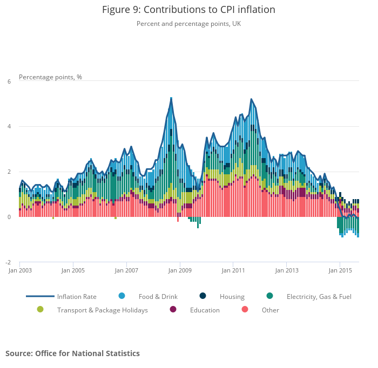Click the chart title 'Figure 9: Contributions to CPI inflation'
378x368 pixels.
tap(188, 10)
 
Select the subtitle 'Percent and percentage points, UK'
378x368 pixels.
tap(188, 23)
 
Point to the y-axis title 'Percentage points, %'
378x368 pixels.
tap(50, 77)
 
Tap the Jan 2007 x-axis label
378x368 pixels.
tap(126, 271)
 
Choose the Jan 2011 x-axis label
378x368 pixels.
tap(232, 271)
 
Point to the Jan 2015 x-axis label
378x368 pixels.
tap(339, 271)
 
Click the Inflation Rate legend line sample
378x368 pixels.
tap(40, 296)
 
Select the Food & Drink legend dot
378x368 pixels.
tap(122, 296)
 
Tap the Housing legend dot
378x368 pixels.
tap(202, 296)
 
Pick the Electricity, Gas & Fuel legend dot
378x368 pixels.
tap(269, 296)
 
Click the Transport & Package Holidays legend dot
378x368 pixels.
tap(40, 309)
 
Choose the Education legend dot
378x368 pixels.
tap(173, 309)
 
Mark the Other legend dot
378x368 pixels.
tap(245, 309)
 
